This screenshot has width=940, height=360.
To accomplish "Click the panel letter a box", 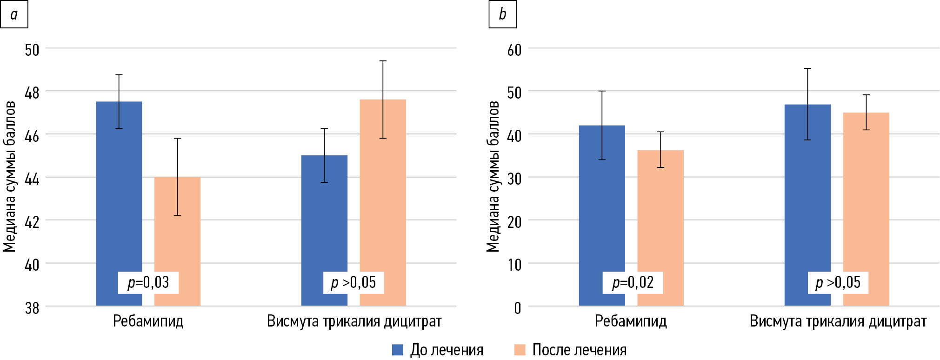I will pos(14,14).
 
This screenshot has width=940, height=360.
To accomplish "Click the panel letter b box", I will pos(502,14).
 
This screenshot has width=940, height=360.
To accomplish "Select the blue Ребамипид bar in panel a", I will pos(119,195).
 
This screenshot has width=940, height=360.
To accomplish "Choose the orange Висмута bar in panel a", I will pos(383,195).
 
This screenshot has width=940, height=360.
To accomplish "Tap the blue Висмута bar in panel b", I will pos(807,195).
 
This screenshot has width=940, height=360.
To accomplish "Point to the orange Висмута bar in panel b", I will pos(866,200).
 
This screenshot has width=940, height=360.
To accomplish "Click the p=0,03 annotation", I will pos(148,282).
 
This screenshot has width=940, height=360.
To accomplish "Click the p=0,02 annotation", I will pos(633,282).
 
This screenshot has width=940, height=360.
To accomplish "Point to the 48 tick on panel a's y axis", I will pos(32,93).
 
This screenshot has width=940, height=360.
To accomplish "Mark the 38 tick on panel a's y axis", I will pos(32,307).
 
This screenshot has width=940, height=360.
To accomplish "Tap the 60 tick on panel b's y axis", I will pos(514,50).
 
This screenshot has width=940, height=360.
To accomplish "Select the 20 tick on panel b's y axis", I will pos(514,222).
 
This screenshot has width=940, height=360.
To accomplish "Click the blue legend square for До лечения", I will pos(398,350).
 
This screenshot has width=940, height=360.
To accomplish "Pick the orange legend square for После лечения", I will pos(520,350).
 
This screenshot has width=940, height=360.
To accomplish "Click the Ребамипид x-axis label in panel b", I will pos(631,321).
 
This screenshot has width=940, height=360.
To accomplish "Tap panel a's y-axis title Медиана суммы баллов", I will pos(10,177).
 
